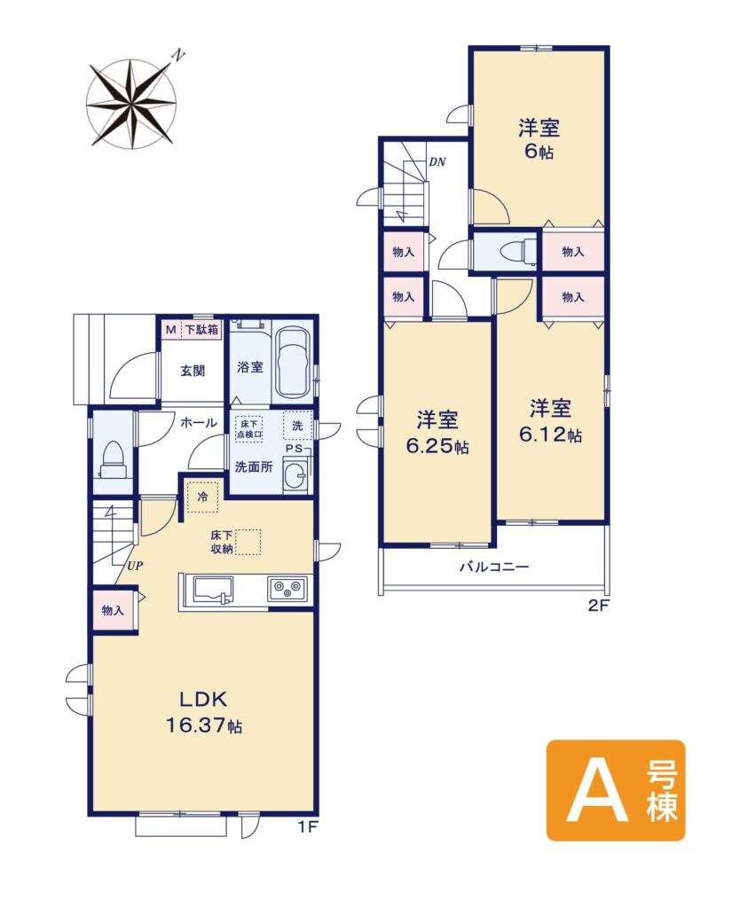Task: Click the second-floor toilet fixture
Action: (514, 251)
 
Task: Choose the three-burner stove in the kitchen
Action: (288, 590)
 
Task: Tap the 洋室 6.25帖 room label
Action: (437, 433)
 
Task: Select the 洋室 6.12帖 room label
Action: (550, 421)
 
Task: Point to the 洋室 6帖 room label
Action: (539, 139)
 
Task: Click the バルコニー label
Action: (494, 566)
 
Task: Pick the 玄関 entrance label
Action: (193, 370)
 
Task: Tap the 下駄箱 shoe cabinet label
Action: (201, 330)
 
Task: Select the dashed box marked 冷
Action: (202, 497)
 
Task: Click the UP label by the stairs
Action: (135, 566)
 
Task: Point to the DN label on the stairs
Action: (437, 162)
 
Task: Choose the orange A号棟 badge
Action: (616, 790)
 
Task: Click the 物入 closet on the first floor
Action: (114, 610)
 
